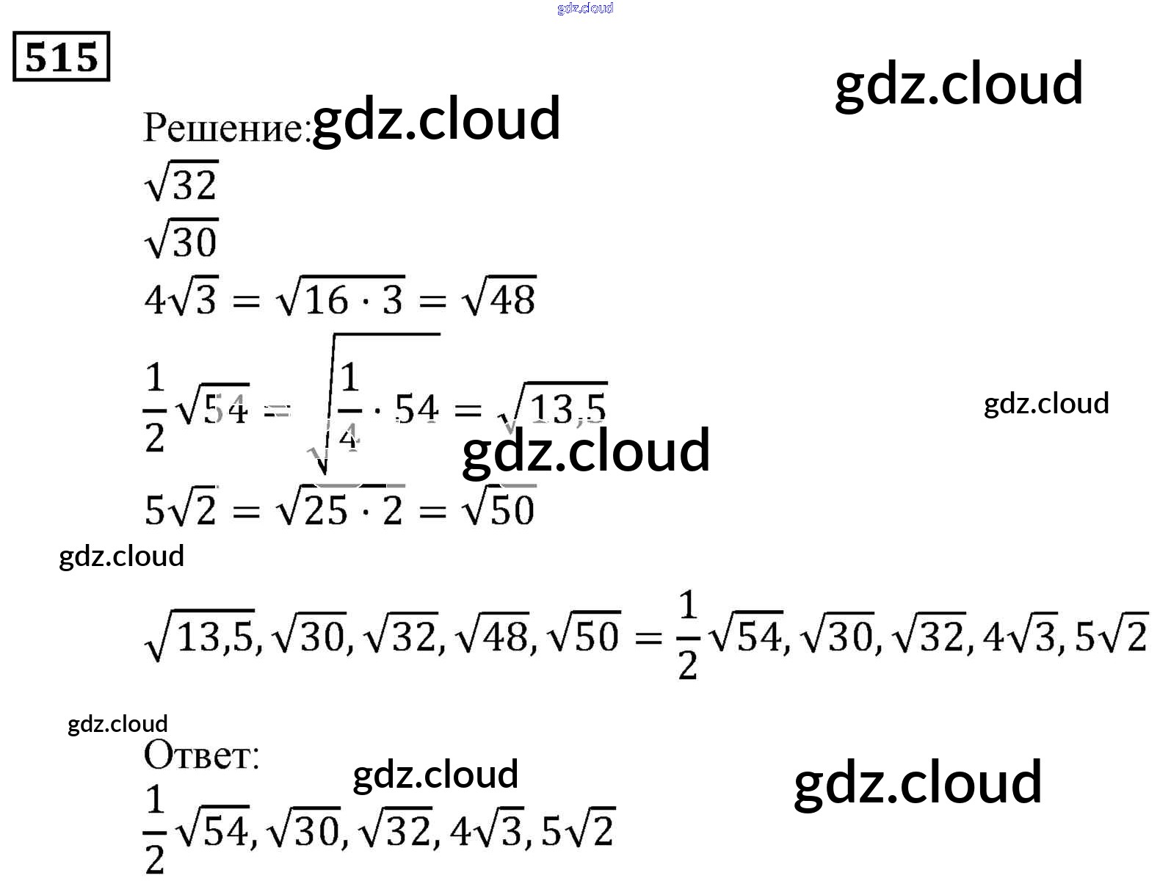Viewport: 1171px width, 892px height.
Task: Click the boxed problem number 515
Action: point(61,57)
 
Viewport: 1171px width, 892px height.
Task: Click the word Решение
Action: point(223,128)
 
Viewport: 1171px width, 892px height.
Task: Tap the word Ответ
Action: point(201,755)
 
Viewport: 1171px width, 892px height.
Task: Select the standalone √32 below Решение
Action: point(181,182)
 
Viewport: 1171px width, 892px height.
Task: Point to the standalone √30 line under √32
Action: point(181,240)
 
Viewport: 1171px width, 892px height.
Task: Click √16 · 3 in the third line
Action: point(340,298)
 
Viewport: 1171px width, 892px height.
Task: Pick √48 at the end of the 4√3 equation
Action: point(499,298)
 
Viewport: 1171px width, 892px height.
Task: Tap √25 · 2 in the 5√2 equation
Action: point(340,508)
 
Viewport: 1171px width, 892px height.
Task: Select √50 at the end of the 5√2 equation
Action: point(499,508)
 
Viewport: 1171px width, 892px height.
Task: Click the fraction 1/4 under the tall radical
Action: point(349,407)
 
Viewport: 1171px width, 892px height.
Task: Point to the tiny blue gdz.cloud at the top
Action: point(585,8)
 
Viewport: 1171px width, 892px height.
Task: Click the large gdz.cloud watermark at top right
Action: point(959,83)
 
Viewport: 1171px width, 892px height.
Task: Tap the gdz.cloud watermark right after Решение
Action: point(436,118)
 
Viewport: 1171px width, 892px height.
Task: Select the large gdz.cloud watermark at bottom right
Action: point(918,782)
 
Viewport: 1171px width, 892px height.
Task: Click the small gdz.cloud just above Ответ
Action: point(117,724)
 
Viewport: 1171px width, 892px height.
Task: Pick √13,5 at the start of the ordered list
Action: point(200,635)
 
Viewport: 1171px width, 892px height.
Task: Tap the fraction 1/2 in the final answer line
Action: point(154,829)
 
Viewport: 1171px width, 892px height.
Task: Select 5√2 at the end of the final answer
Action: point(577,831)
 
